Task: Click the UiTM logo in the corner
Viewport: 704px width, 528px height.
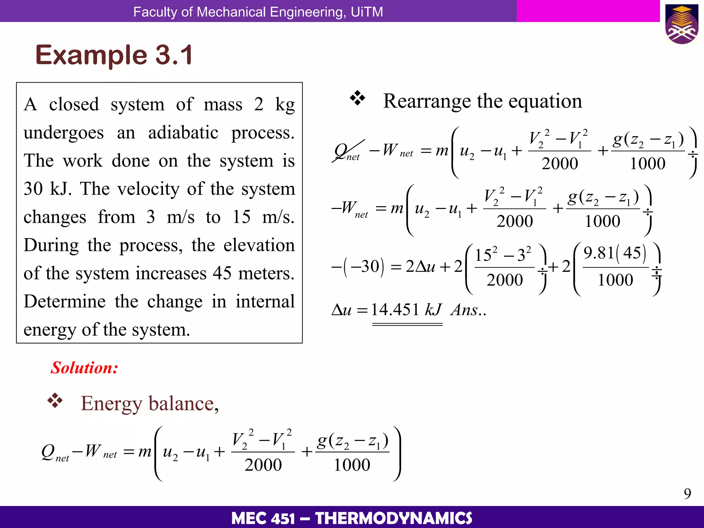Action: pyautogui.click(x=682, y=24)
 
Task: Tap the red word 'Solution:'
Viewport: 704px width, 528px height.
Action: pyautogui.click(x=84, y=368)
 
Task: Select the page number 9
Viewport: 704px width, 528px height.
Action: pyautogui.click(x=687, y=494)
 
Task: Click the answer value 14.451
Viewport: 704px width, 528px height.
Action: pyautogui.click(x=395, y=310)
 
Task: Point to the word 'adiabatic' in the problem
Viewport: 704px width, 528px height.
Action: pyautogui.click(x=183, y=133)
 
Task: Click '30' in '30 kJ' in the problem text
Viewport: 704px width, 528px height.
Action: pyautogui.click(x=33, y=189)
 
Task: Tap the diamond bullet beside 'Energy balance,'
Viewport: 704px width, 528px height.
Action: pyautogui.click(x=55, y=400)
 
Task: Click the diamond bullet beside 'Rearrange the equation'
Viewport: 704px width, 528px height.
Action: pyautogui.click(x=357, y=98)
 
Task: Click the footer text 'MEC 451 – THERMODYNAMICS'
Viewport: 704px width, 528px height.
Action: pyautogui.click(x=352, y=518)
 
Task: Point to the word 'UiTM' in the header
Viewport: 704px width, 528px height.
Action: pyautogui.click(x=367, y=12)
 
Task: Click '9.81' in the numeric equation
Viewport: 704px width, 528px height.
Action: pyautogui.click(x=599, y=253)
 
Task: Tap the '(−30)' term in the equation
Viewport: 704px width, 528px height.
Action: pyautogui.click(x=364, y=266)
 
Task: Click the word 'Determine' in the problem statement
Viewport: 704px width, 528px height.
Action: pyautogui.click(x=65, y=301)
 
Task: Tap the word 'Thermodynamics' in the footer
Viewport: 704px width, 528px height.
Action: pyautogui.click(x=394, y=518)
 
